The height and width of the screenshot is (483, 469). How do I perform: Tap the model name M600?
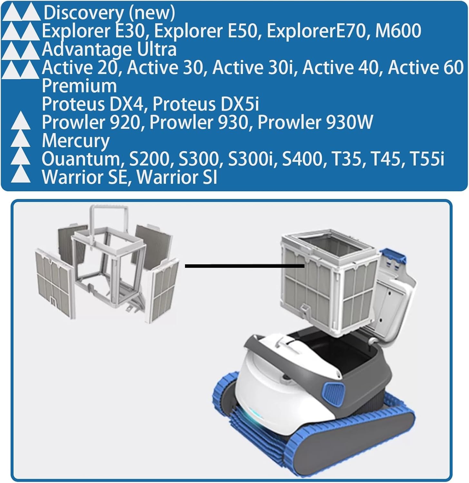[x=398, y=31]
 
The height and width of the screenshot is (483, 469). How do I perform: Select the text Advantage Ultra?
[x=109, y=49]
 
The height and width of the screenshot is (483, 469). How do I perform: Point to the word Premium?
[x=79, y=86]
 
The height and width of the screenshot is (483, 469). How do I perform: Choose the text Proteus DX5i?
[x=206, y=104]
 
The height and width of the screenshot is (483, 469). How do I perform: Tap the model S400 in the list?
[x=302, y=159]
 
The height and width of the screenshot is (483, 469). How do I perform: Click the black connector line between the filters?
[x=245, y=266]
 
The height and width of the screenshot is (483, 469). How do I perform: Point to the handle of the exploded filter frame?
[x=110, y=213]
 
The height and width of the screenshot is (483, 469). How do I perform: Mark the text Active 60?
[x=425, y=68]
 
